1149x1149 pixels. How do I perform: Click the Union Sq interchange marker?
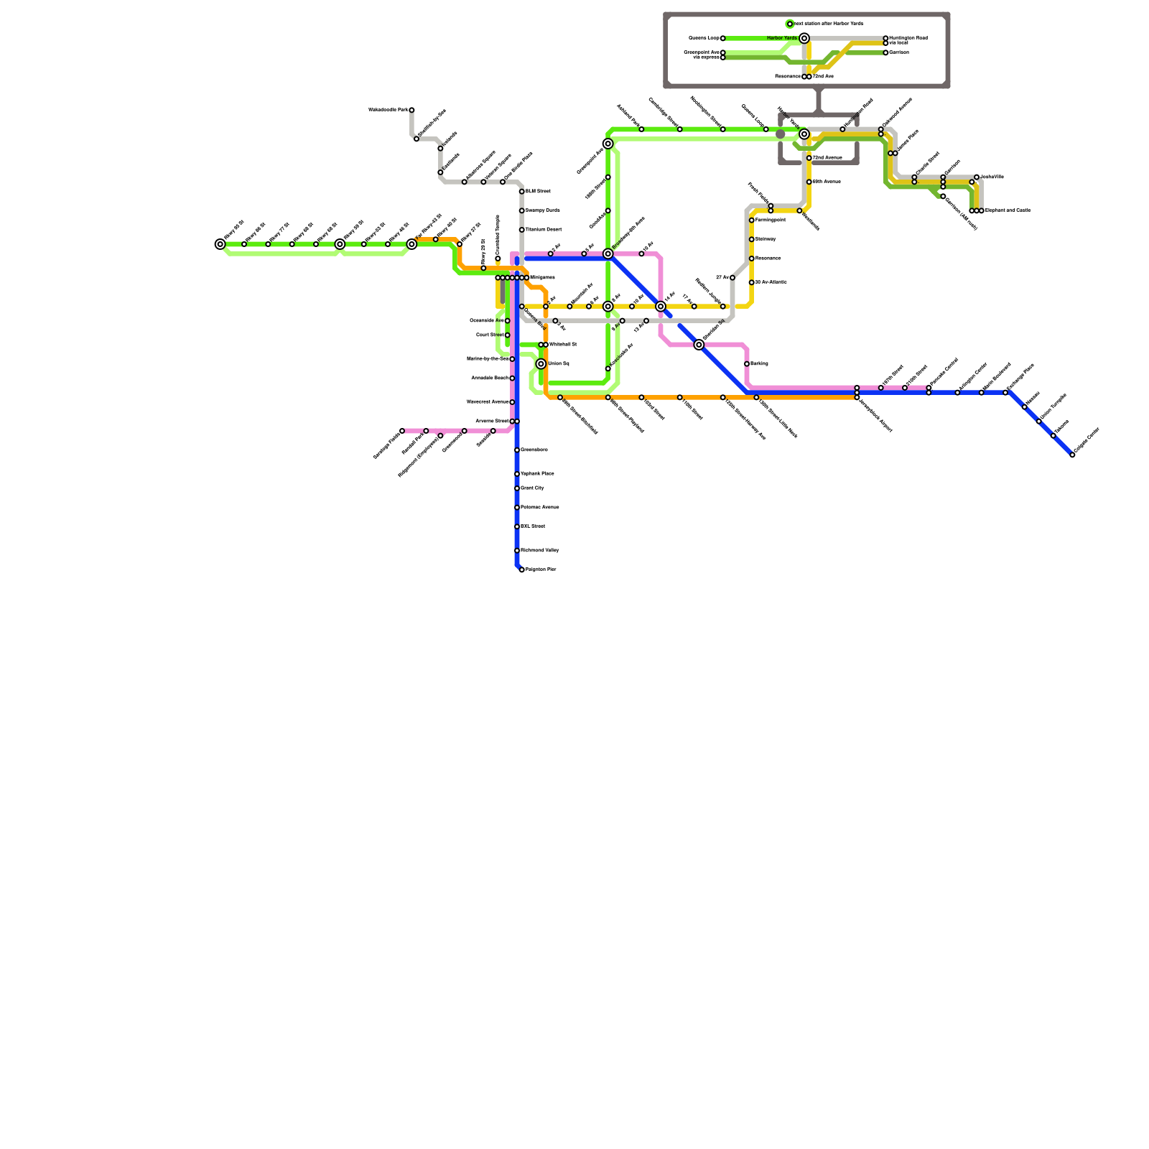[x=541, y=364]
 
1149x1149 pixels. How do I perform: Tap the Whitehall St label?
[x=563, y=345]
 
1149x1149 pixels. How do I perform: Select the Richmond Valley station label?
[x=539, y=551]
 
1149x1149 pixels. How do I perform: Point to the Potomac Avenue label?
[x=539, y=508]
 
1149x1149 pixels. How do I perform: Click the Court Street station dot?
[x=507, y=335]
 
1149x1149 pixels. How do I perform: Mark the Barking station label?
[x=759, y=364]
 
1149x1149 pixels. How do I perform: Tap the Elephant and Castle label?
[x=1008, y=210]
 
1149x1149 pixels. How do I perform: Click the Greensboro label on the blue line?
[x=534, y=450]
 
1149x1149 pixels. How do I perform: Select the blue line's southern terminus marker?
[x=521, y=569]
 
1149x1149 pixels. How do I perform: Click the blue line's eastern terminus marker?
[x=1072, y=455]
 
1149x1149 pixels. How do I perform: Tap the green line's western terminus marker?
[x=220, y=244]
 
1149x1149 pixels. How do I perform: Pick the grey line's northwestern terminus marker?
[x=411, y=110]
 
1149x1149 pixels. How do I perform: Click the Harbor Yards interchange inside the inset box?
[x=804, y=38]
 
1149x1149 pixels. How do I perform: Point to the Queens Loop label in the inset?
[x=704, y=38]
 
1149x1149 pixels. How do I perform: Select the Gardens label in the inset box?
[x=898, y=52]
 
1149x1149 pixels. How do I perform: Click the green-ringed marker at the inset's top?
[x=790, y=24]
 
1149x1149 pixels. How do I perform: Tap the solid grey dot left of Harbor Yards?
[x=781, y=134]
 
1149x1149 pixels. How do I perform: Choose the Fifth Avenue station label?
[x=827, y=182]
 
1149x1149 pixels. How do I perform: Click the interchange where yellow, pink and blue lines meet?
[x=661, y=307]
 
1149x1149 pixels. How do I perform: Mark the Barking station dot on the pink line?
[x=747, y=364]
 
